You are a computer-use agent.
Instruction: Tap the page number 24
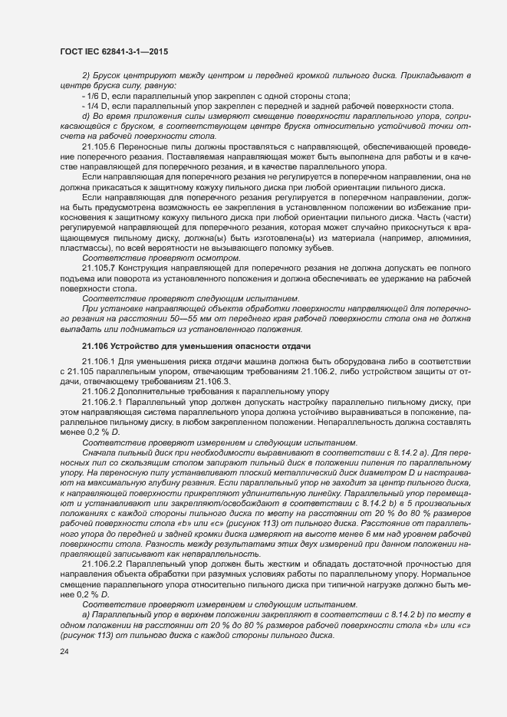pyautogui.click(x=64, y=651)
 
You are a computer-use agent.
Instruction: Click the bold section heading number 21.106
pyautogui.click(x=96, y=346)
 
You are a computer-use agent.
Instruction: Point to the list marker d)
pyautogui.click(x=86, y=116)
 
